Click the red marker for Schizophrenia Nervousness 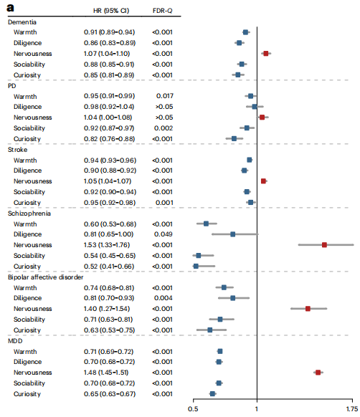tap(324, 245)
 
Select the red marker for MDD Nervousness tap(318, 373)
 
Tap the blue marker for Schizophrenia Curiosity tap(196, 267)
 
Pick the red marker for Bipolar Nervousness tap(308, 309)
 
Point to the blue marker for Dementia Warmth tap(245, 32)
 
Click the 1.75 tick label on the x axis tap(352, 408)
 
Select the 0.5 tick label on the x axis tap(193, 408)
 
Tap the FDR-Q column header tap(162, 11)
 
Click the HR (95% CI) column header tap(111, 11)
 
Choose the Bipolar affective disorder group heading tap(45, 277)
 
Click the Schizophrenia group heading tap(29, 214)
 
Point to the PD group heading tap(12, 86)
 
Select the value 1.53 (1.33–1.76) tap(107, 245)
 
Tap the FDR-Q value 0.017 tap(164, 96)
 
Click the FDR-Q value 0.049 tap(164, 234)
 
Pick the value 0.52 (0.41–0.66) tap(109, 267)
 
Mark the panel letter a tap(10, 8)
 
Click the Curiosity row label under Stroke tap(27, 203)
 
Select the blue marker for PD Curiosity tap(234, 138)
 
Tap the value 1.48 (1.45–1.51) tap(106, 373)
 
